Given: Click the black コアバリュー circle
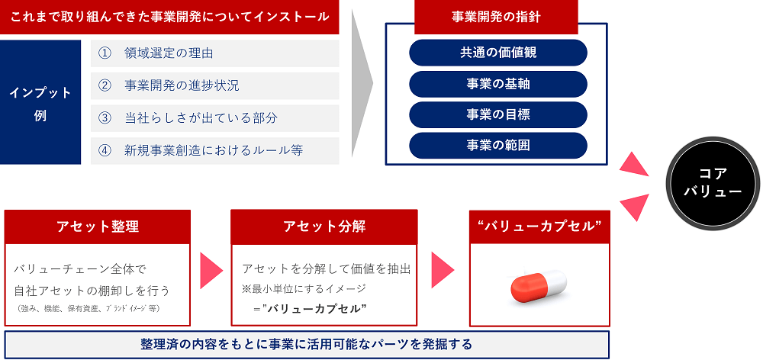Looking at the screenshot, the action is [713, 183].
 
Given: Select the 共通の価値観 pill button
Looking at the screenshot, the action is [497, 53].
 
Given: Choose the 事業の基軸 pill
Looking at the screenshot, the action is [497, 84].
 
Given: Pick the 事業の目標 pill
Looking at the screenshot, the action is [497, 115].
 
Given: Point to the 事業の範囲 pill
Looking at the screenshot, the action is [497, 146].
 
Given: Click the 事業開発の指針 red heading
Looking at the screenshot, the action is [496, 17].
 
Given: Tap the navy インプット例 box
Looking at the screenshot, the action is [40, 102].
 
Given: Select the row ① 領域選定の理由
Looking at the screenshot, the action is [214, 53].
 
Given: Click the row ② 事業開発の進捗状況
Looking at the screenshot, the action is [214, 86].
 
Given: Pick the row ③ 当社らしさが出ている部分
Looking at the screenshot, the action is [214, 118].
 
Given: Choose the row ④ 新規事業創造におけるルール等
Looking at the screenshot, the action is [214, 151].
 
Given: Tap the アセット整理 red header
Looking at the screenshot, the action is [98, 227].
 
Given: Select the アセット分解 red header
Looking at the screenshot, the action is [324, 227].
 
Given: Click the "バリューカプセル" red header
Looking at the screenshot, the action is [539, 227].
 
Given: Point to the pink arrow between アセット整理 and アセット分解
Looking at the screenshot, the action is [211, 269].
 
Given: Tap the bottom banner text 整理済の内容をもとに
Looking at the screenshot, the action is [307, 345].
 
